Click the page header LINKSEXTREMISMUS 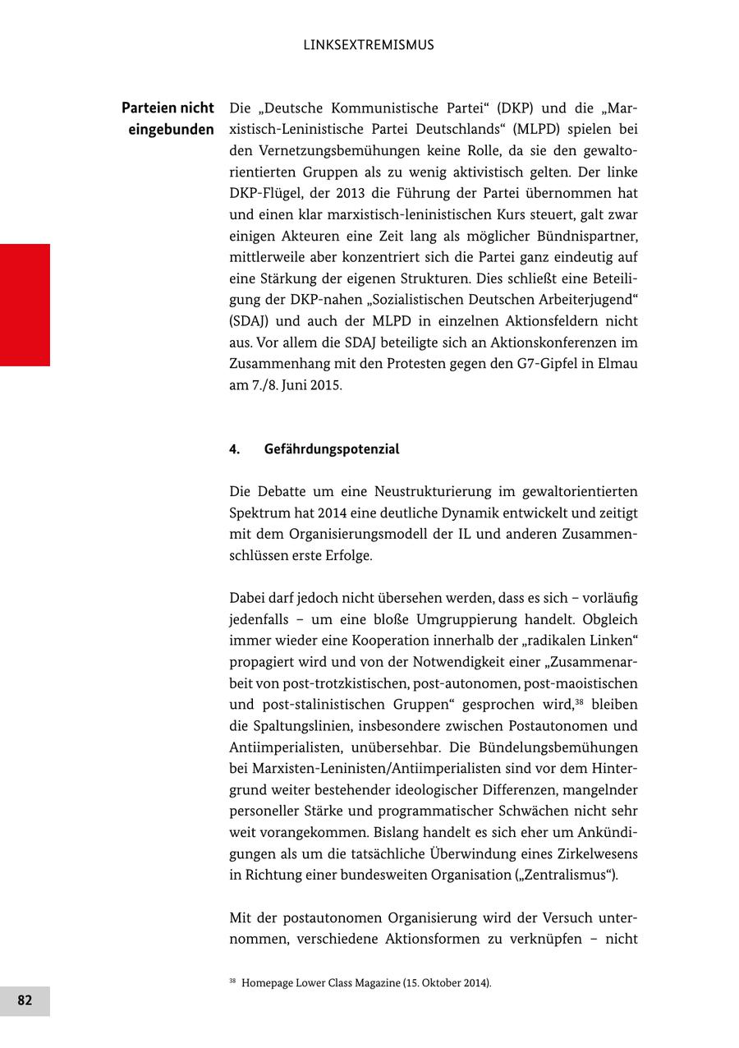[x=369, y=45]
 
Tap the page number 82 [x=25, y=1000]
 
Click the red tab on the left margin [x=25, y=305]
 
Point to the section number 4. [x=234, y=449]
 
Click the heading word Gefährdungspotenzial [x=332, y=449]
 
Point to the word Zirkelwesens [x=595, y=854]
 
